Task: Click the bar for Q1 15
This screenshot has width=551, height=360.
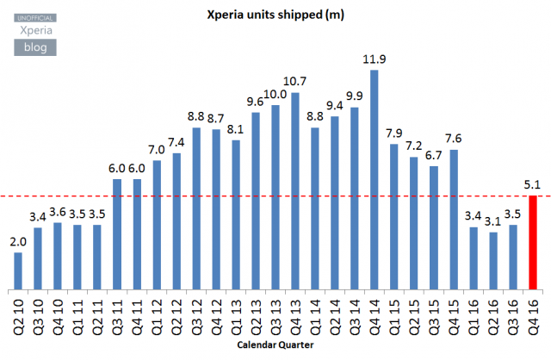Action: click(394, 216)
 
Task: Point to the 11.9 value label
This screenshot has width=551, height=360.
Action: click(375, 59)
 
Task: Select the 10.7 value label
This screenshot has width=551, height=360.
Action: click(295, 81)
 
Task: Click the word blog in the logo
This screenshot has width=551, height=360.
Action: click(34, 47)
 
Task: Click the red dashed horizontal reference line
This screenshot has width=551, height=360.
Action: click(258, 196)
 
